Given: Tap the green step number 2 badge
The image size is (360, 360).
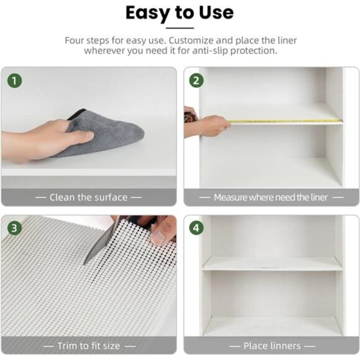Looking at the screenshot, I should [196, 81].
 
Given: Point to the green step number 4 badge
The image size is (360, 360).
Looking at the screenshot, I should [196, 228].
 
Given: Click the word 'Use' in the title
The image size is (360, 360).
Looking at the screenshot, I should [213, 12].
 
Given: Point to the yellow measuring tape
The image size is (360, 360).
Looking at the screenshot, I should [286, 121].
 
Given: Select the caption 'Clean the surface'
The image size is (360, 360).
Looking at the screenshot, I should [88, 197].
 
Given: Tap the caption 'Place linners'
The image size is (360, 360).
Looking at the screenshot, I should [272, 345].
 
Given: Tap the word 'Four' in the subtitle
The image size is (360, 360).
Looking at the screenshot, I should [76, 40].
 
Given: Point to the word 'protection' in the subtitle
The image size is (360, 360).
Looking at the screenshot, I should [252, 51].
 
